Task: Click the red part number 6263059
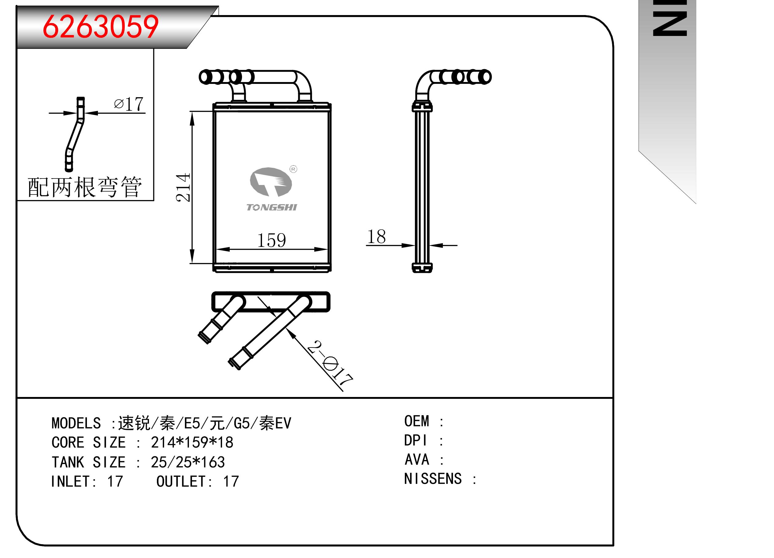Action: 101,27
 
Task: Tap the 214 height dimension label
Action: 183,187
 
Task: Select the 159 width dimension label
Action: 271,240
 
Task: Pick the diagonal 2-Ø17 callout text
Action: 330,363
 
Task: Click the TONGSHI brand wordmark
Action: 272,207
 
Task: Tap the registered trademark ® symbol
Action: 293,169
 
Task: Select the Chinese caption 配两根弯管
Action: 85,187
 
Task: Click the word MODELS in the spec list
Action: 76,423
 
